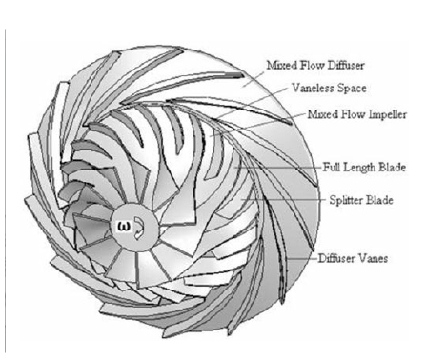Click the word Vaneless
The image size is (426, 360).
click(x=311, y=90)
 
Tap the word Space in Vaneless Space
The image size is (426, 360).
click(x=350, y=90)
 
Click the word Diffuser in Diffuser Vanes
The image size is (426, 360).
click(x=338, y=258)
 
